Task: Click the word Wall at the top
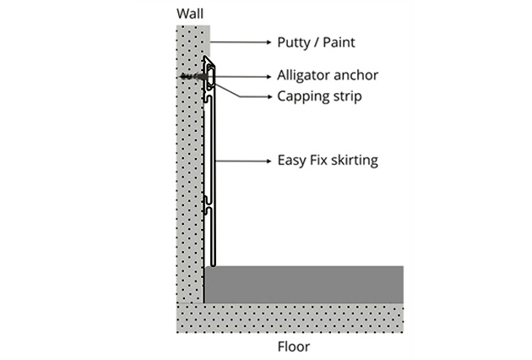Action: point(191,14)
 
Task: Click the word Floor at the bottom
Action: point(292,346)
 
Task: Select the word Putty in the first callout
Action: point(295,41)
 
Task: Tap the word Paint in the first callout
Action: point(340,41)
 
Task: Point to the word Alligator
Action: point(306,75)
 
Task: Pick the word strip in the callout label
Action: point(346,95)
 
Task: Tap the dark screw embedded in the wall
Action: point(193,77)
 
